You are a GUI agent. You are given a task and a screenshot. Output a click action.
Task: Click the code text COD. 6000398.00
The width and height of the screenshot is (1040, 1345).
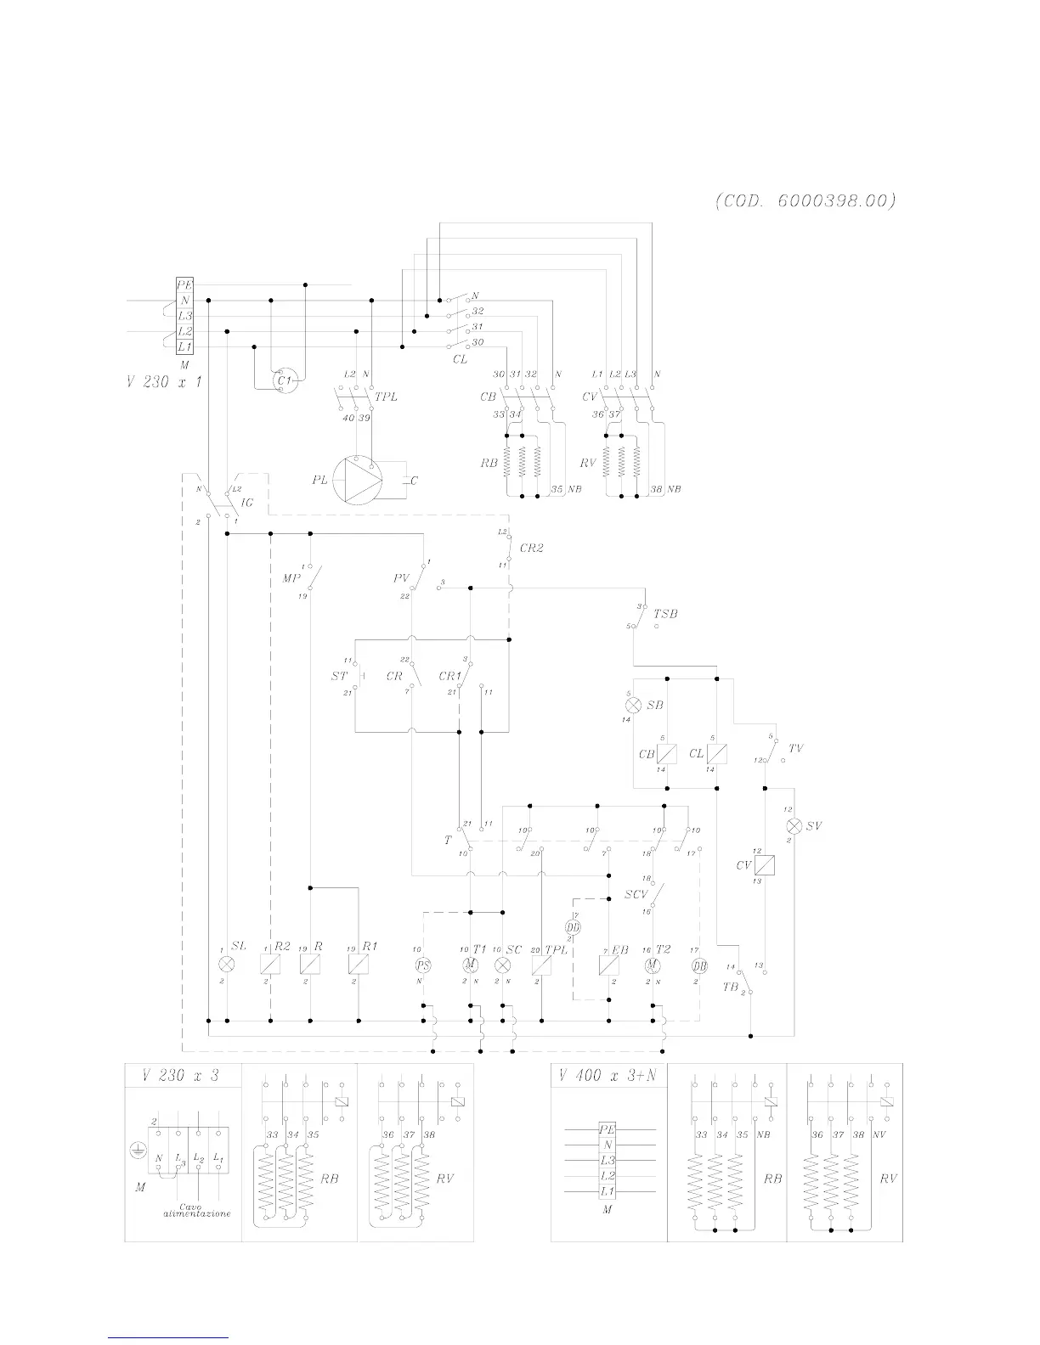[x=805, y=202]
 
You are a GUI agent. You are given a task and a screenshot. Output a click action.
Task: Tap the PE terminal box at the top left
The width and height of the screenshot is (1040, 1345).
[x=184, y=285]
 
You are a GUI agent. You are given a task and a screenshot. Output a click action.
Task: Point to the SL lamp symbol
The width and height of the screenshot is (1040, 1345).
[x=227, y=965]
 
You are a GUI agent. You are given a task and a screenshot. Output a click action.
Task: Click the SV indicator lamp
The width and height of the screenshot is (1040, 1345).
[x=794, y=826]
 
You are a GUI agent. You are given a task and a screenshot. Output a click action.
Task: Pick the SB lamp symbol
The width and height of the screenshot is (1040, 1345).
[x=633, y=706]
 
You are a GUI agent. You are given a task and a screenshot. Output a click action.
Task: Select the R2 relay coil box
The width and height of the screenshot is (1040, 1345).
[x=270, y=965]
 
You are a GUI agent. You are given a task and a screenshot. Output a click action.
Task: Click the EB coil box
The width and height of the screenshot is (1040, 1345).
[x=609, y=965]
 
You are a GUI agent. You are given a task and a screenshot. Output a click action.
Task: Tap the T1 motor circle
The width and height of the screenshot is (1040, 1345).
[x=471, y=965]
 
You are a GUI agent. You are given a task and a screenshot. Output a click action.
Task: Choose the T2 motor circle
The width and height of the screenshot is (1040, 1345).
[x=652, y=965]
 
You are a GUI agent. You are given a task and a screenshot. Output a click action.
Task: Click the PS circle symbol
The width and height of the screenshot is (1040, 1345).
[x=422, y=965]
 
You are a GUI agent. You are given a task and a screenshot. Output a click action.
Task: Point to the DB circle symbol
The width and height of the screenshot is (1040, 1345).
[x=699, y=965]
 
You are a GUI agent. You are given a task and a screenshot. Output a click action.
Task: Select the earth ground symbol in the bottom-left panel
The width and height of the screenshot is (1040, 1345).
[x=134, y=1151]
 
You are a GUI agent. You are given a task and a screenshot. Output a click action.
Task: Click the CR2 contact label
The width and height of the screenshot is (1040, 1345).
[x=532, y=549]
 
